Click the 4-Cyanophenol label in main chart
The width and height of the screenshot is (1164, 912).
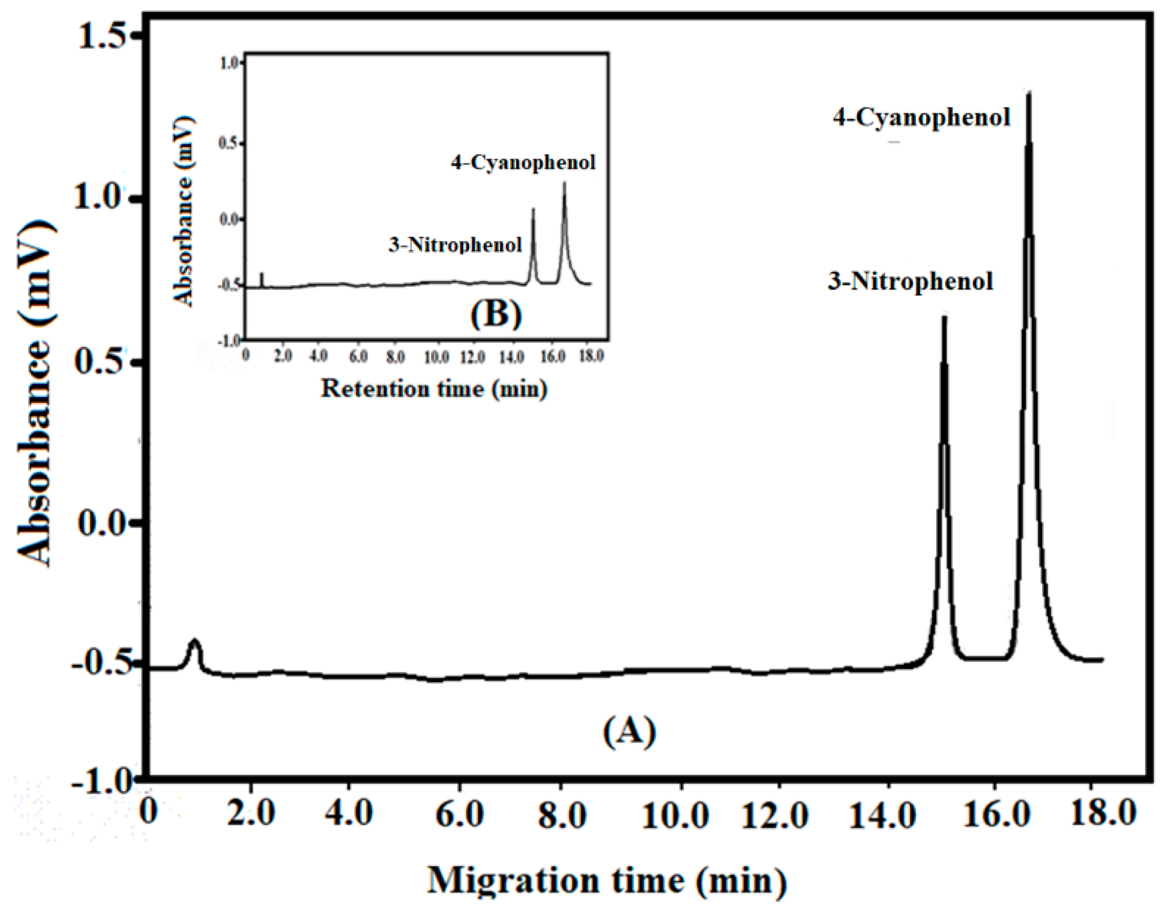(921, 118)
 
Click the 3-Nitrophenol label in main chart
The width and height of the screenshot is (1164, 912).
(910, 282)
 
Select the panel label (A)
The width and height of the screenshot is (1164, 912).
(629, 732)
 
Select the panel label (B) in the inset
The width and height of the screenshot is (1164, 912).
(496, 314)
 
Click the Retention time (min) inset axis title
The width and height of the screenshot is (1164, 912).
(434, 389)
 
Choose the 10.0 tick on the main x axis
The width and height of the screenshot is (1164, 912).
(675, 815)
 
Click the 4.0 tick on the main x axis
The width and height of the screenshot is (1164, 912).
(348, 814)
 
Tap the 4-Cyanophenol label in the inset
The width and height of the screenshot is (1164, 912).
(523, 162)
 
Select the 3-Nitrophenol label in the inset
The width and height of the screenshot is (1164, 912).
(455, 245)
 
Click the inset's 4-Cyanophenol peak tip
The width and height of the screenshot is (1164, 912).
(565, 183)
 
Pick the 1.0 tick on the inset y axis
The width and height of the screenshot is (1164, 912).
(229, 64)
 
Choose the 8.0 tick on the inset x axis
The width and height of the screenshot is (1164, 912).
(395, 356)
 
